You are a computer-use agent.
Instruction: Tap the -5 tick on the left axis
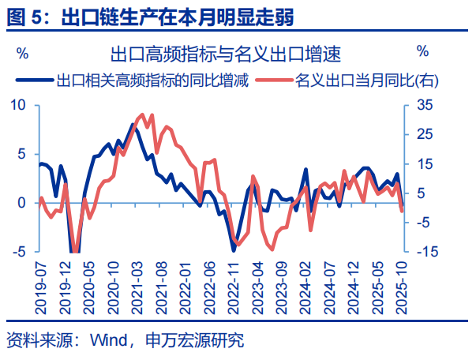tap(21, 252)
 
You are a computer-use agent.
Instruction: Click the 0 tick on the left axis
tap(23, 203)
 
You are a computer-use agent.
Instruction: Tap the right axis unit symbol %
tap(423, 53)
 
